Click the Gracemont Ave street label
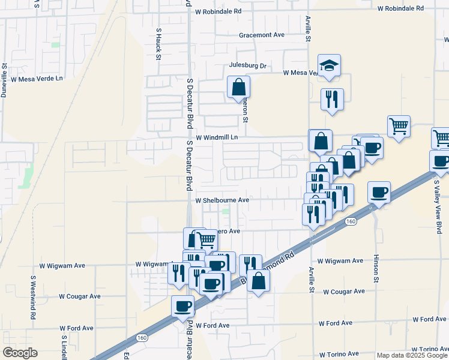[261, 35]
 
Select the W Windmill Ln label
[217, 137]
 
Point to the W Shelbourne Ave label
[222, 200]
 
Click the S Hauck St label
[158, 44]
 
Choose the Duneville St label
[4, 80]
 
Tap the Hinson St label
[377, 268]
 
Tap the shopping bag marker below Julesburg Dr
[238, 87]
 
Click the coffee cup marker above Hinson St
[379, 193]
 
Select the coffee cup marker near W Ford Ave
[182, 307]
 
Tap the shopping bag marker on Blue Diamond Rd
[258, 281]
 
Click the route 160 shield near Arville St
[351, 221]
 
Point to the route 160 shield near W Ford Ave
[142, 338]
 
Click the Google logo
[20, 353]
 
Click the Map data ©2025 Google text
[412, 355]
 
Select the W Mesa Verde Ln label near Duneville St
[37, 79]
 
